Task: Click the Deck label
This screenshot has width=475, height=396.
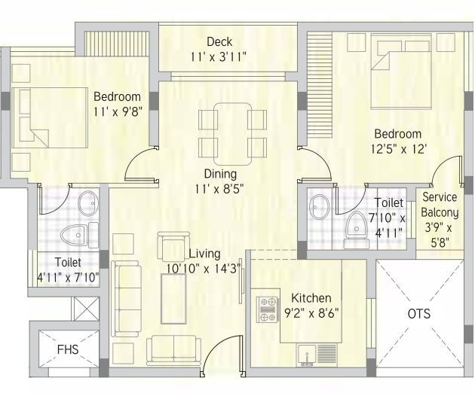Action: [219, 41]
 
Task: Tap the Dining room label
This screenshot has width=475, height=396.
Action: [220, 174]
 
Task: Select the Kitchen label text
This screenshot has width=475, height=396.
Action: [311, 298]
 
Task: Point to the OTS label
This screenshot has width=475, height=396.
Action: [419, 314]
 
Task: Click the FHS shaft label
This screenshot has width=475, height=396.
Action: [68, 349]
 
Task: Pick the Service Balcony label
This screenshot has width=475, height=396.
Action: [440, 205]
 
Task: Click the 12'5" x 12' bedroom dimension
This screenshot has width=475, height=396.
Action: [399, 149]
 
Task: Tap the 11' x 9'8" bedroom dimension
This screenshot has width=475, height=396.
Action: [118, 112]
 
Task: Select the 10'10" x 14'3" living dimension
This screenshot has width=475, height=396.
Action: [204, 268]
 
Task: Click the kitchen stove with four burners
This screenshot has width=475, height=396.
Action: [268, 309]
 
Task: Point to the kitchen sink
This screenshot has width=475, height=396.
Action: [307, 355]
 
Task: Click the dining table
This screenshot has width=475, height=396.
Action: [233, 134]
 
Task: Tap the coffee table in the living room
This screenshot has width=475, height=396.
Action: [173, 299]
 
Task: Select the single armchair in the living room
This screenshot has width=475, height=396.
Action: [173, 246]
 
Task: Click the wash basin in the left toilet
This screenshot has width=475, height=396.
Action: [88, 203]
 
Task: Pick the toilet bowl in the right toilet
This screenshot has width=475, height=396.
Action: [357, 230]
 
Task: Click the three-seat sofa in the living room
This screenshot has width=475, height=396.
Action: [126, 299]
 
